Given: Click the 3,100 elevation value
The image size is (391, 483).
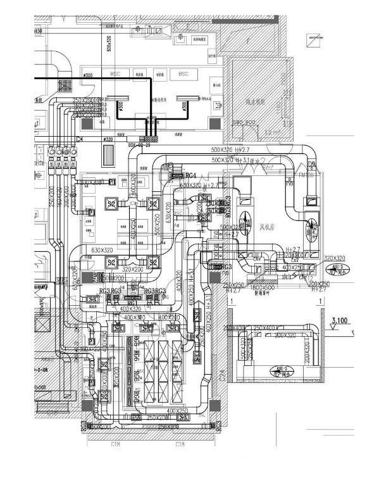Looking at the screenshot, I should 340,322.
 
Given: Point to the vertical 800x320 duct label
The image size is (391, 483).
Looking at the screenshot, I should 108,41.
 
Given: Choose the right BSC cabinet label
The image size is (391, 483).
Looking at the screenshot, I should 183,74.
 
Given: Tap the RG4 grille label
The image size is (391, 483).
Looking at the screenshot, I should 190,175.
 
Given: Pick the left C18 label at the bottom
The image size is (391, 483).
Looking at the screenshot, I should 115,444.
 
